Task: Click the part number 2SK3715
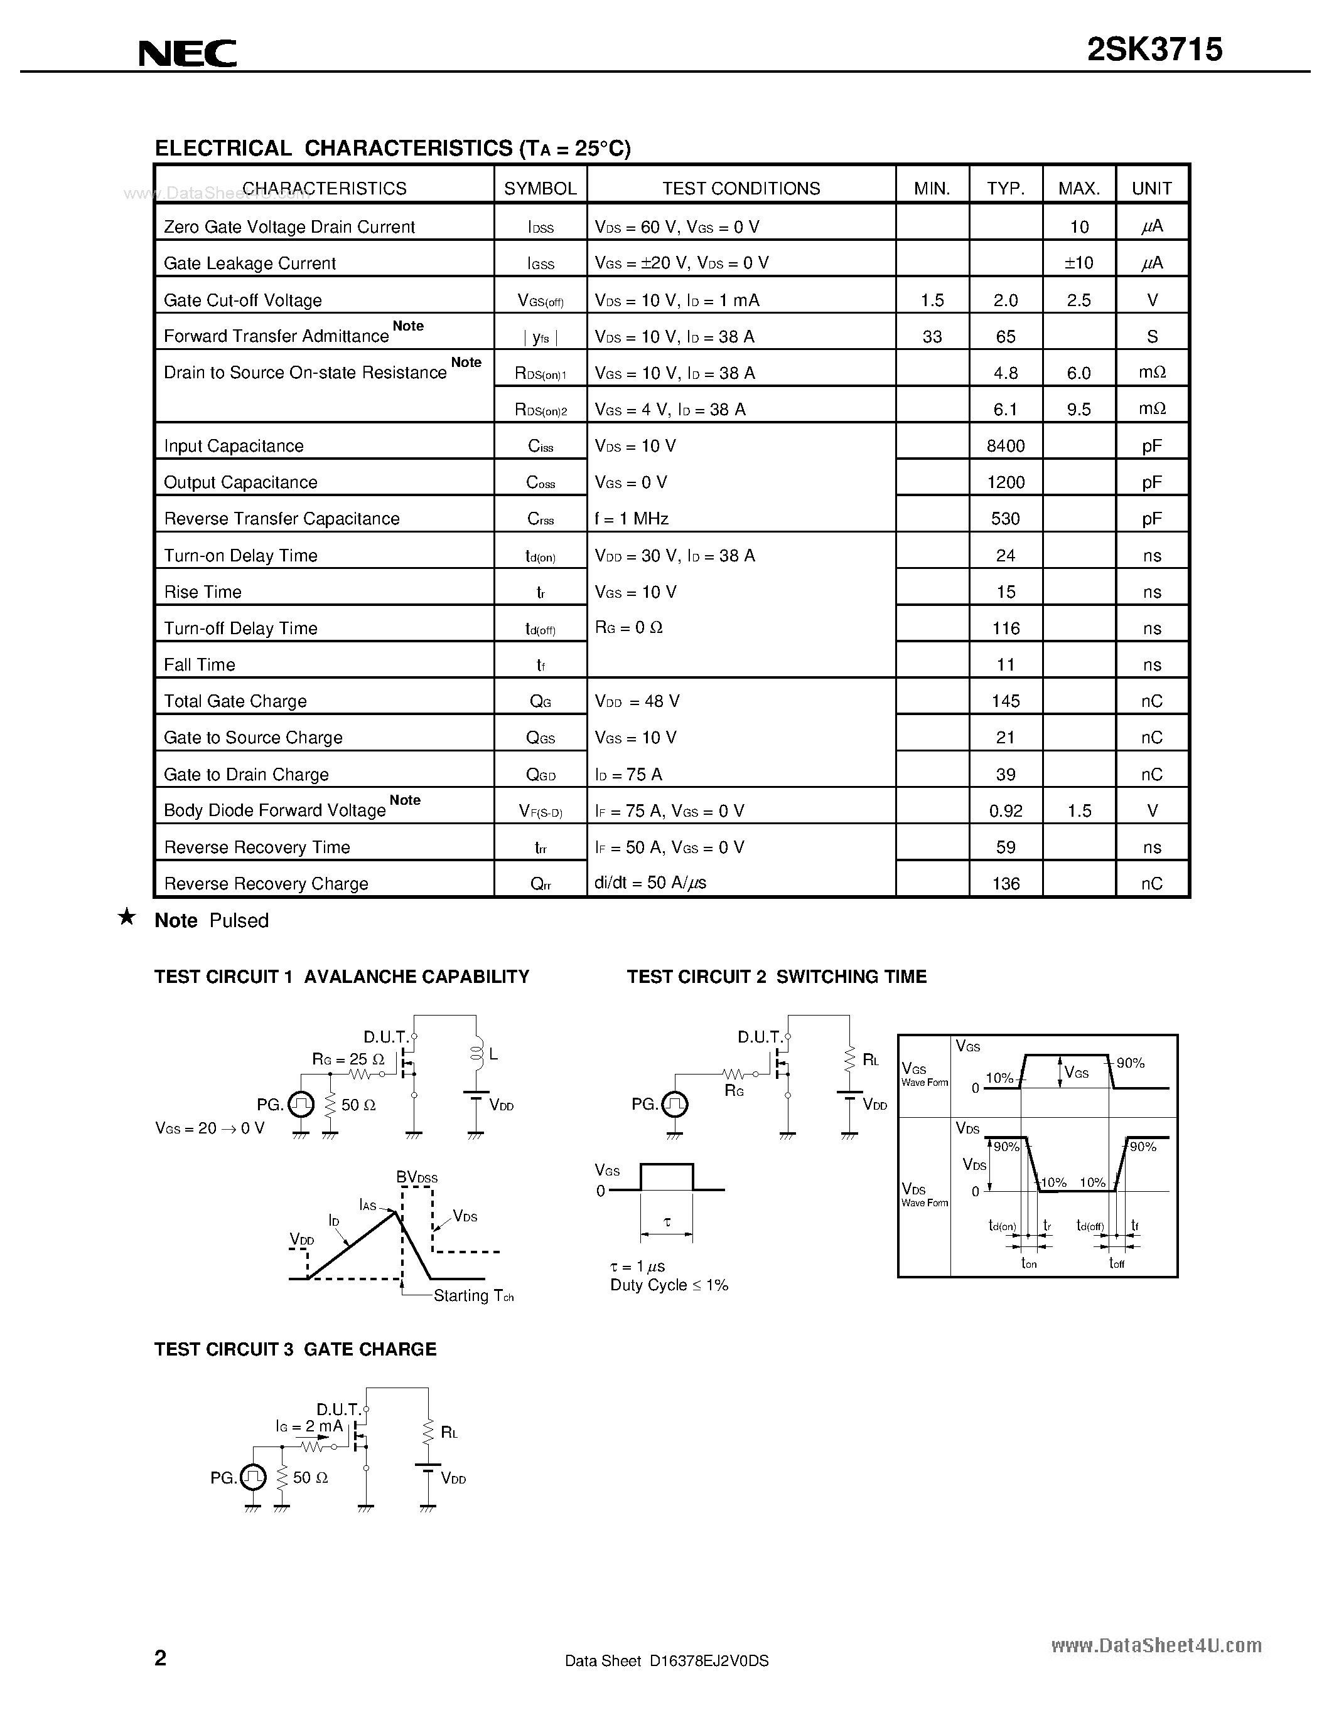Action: [1154, 50]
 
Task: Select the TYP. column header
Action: [1005, 189]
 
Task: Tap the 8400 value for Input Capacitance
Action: [1005, 446]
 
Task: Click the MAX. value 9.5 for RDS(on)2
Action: [1078, 409]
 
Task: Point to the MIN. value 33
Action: [932, 336]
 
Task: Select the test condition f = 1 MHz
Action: [632, 519]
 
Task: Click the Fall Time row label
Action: [199, 665]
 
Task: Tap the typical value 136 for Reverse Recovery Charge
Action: [1005, 884]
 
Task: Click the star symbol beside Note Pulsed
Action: [126, 917]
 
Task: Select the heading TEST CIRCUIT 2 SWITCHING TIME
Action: [776, 977]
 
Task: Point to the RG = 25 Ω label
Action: [348, 1059]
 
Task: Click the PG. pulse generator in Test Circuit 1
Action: [300, 1104]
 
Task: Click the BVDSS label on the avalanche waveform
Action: [416, 1177]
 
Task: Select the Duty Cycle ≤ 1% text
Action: [669, 1285]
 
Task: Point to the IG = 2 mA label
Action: [309, 1426]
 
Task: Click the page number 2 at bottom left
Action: [161, 1657]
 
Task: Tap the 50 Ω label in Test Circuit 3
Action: [309, 1477]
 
